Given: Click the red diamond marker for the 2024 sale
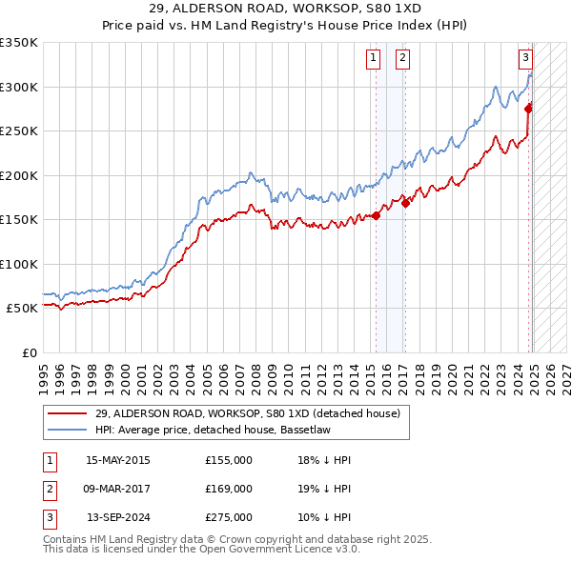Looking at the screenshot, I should [528, 108].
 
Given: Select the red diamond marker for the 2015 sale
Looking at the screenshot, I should [376, 215].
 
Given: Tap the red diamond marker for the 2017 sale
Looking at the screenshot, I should [405, 202].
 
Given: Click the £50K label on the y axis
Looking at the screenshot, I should [23, 309].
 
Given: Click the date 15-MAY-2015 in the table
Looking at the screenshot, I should [118, 460].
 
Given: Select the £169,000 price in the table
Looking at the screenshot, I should [229, 489].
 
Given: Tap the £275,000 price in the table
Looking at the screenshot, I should [229, 517].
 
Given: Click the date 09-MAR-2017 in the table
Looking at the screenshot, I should [118, 489].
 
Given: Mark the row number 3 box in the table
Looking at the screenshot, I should [48, 517].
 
